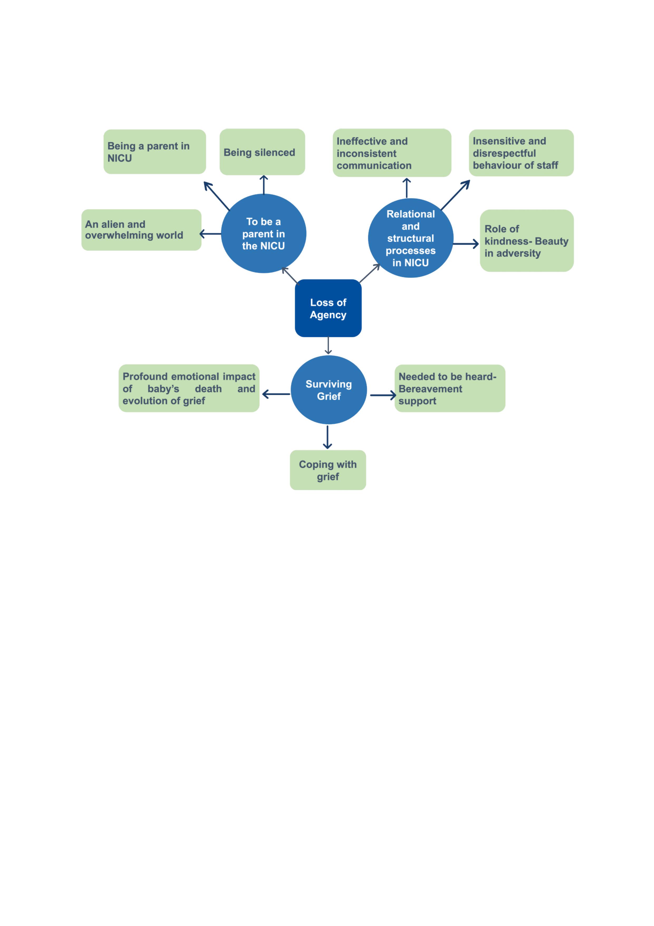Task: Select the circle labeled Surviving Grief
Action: pyautogui.click(x=328, y=390)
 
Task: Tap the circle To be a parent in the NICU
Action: pyautogui.click(x=264, y=234)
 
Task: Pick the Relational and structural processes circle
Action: pyautogui.click(x=411, y=238)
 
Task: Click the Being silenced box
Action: pyautogui.click(x=262, y=152)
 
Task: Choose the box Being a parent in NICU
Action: pyautogui.click(x=155, y=152)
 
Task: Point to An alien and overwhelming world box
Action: pyautogui.click(x=142, y=230)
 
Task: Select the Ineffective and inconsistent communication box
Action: pyautogui.click(x=392, y=153)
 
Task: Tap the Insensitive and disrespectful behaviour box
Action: pyautogui.click(x=521, y=153)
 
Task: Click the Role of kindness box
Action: pyautogui.click(x=527, y=241)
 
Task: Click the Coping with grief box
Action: pyautogui.click(x=328, y=470)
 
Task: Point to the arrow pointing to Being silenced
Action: pyautogui.click(x=264, y=185)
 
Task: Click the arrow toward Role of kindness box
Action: pyautogui.click(x=466, y=244)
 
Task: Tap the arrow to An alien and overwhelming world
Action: pyautogui.click(x=210, y=234)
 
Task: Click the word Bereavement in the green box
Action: pyautogui.click(x=430, y=389)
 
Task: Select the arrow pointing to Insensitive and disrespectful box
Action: pyautogui.click(x=455, y=195)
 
